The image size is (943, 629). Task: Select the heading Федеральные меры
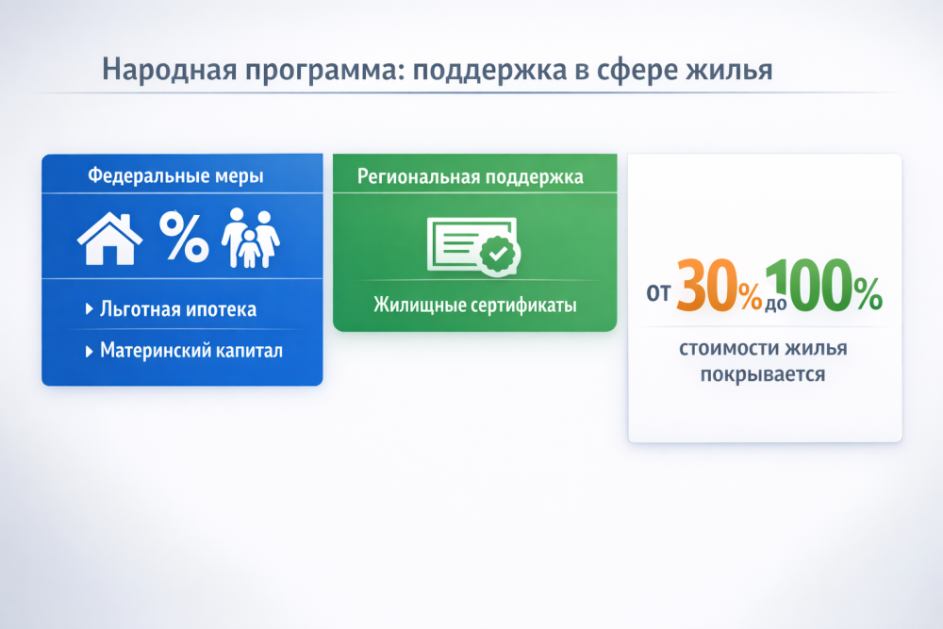[x=175, y=176]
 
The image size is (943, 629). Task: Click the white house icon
[x=110, y=239]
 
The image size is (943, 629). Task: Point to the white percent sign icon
[x=184, y=237]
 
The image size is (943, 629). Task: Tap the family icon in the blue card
[x=250, y=239]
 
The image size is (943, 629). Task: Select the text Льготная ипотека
[x=178, y=309]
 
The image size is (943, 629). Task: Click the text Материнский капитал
[x=191, y=351]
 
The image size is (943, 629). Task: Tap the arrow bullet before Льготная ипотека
[x=89, y=309]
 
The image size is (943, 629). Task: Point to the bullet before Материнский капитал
[x=89, y=351]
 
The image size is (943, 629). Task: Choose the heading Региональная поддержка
[x=471, y=177]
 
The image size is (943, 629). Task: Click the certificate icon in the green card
[x=474, y=246]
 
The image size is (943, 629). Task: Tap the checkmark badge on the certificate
[x=499, y=255]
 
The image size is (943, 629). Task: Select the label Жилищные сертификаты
[x=475, y=305]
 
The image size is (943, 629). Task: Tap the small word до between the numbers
[x=776, y=304]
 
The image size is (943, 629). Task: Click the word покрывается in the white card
[x=763, y=374]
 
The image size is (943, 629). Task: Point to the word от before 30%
[x=658, y=293]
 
